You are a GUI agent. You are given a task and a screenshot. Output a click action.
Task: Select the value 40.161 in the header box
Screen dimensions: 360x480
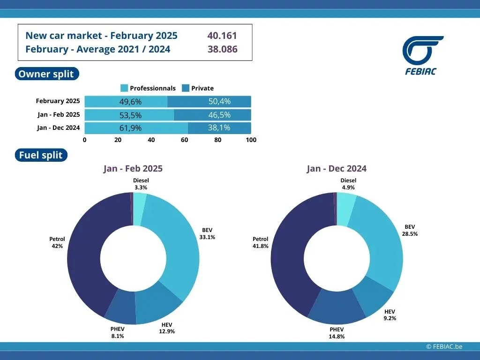click(x=222, y=36)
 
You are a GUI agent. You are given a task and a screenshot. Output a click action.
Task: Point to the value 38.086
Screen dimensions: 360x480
click(x=222, y=49)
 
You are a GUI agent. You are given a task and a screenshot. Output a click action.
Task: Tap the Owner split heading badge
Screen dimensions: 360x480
click(x=46, y=74)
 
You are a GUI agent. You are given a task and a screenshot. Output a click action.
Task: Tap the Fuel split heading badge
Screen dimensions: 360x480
click(x=41, y=156)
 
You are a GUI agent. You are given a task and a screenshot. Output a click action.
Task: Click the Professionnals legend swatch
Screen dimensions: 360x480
click(x=124, y=88)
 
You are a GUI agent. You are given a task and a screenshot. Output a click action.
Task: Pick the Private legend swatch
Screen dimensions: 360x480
click(x=185, y=88)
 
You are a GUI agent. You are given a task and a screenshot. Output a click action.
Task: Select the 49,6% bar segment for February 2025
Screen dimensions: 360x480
click(x=126, y=102)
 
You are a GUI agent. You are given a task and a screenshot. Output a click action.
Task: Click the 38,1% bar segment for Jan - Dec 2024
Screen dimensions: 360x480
click(x=219, y=128)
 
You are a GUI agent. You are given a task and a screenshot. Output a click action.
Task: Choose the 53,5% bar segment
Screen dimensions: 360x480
click(x=129, y=115)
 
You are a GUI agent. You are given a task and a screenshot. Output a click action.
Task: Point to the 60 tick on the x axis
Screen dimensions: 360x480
click(x=185, y=140)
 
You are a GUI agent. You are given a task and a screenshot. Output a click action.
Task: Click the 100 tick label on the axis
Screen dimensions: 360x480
click(x=251, y=140)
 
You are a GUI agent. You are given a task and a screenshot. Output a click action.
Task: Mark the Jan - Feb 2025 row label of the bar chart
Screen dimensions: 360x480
click(x=59, y=114)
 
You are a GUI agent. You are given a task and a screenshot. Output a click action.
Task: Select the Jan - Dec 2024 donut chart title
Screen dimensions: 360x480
click(x=337, y=169)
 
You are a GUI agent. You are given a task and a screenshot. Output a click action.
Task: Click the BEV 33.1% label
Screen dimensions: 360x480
click(x=207, y=233)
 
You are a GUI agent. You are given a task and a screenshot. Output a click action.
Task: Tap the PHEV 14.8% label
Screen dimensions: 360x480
click(x=337, y=333)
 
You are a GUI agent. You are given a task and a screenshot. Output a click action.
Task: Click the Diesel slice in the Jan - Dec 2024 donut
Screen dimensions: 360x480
click(x=345, y=208)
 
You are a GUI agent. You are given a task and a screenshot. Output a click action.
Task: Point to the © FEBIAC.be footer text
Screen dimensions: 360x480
click(x=444, y=346)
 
